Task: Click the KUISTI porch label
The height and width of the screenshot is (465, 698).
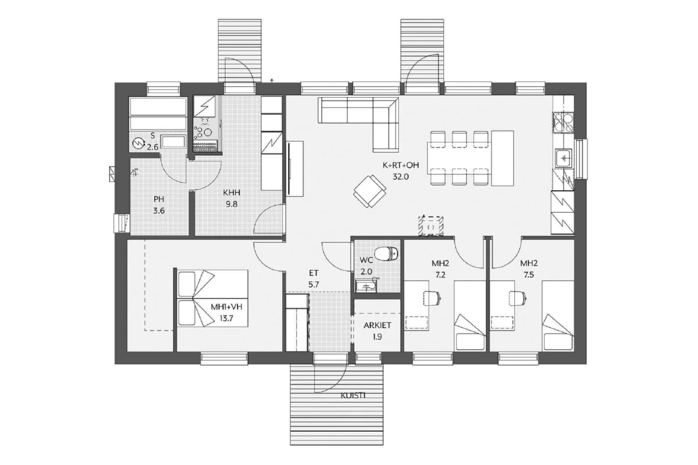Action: pyautogui.click(x=353, y=396)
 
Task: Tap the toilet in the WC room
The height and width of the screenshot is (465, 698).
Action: pyautogui.click(x=386, y=253)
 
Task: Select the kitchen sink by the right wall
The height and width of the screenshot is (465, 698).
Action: pyautogui.click(x=564, y=158)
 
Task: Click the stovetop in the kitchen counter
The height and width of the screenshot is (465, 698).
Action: pyautogui.click(x=563, y=123)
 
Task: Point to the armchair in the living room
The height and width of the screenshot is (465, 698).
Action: pyautogui.click(x=370, y=191)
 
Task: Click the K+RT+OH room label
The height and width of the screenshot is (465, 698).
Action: pyautogui.click(x=401, y=165)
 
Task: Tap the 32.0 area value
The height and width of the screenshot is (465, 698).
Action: pyautogui.click(x=401, y=177)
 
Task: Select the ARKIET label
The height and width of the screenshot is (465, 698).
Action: pyautogui.click(x=378, y=325)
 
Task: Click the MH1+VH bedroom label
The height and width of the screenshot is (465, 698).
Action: pyautogui.click(x=226, y=307)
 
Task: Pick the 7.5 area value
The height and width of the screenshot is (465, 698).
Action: pyautogui.click(x=529, y=275)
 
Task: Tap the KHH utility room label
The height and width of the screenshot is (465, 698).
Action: pyautogui.click(x=232, y=192)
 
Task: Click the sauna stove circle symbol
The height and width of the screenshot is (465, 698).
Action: pyautogui.click(x=137, y=144)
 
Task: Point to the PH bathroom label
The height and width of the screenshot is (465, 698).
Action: pyautogui.click(x=159, y=199)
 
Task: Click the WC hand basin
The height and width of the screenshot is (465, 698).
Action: pyautogui.click(x=366, y=285)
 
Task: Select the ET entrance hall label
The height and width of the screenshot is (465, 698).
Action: pyautogui.click(x=314, y=273)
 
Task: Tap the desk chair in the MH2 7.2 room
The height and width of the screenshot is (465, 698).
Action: pyautogui.click(x=432, y=298)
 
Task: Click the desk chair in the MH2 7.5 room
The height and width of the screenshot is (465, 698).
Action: pyautogui.click(x=518, y=298)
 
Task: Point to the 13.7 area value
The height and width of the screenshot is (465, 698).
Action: pyautogui.click(x=226, y=319)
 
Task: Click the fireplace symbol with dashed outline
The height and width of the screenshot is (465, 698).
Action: pyautogui.click(x=431, y=226)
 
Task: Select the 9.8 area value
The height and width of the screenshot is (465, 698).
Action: pyautogui.click(x=232, y=205)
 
